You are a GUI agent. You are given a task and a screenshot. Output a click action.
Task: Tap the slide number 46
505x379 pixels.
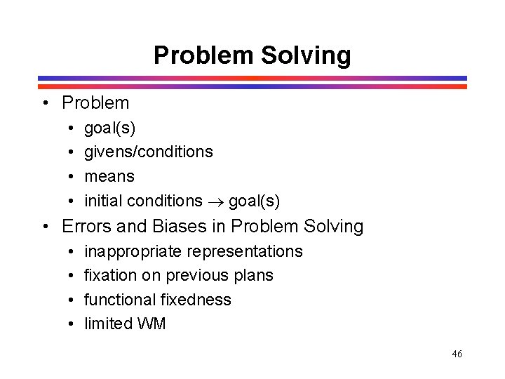click(457, 354)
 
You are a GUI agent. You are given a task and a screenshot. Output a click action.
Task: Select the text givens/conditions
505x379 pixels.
click(148, 152)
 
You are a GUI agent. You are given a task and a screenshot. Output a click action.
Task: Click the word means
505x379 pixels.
click(109, 176)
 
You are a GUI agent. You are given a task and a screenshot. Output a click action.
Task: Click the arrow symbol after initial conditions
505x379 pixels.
click(215, 201)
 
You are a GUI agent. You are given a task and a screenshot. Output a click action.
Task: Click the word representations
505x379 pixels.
click(246, 251)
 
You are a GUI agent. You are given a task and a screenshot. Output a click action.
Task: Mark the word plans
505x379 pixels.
click(254, 275)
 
